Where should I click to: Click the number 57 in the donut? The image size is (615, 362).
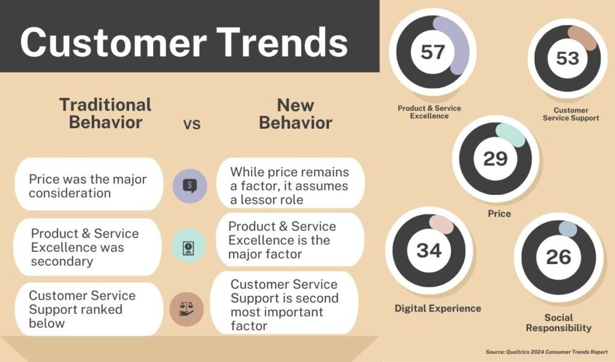coord(432,52)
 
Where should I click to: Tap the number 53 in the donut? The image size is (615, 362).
coord(568,58)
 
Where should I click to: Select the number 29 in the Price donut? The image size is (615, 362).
coord(495,159)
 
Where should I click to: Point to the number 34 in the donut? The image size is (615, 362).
coord(429,250)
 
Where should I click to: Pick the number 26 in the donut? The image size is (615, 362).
coord(559,257)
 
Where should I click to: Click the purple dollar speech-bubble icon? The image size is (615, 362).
coord(190,186)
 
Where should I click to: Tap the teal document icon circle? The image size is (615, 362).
coord(189,246)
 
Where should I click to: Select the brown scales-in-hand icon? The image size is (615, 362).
coord(187,309)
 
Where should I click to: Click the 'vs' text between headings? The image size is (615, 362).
coord(192,124)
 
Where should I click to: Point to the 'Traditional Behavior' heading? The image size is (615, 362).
coord(105,114)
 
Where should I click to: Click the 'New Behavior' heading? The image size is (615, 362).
coord(295,114)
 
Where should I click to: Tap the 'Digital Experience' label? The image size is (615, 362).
coord(438,308)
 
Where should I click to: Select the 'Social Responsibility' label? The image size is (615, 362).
coord(559,323)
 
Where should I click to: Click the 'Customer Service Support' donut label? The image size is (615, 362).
coord(571,114)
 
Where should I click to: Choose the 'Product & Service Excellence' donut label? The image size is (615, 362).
coord(429,112)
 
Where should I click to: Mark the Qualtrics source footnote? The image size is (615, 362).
coord(547,352)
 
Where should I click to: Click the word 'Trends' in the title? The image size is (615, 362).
coord(282,43)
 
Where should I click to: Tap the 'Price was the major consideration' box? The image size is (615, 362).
coord(89,184)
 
